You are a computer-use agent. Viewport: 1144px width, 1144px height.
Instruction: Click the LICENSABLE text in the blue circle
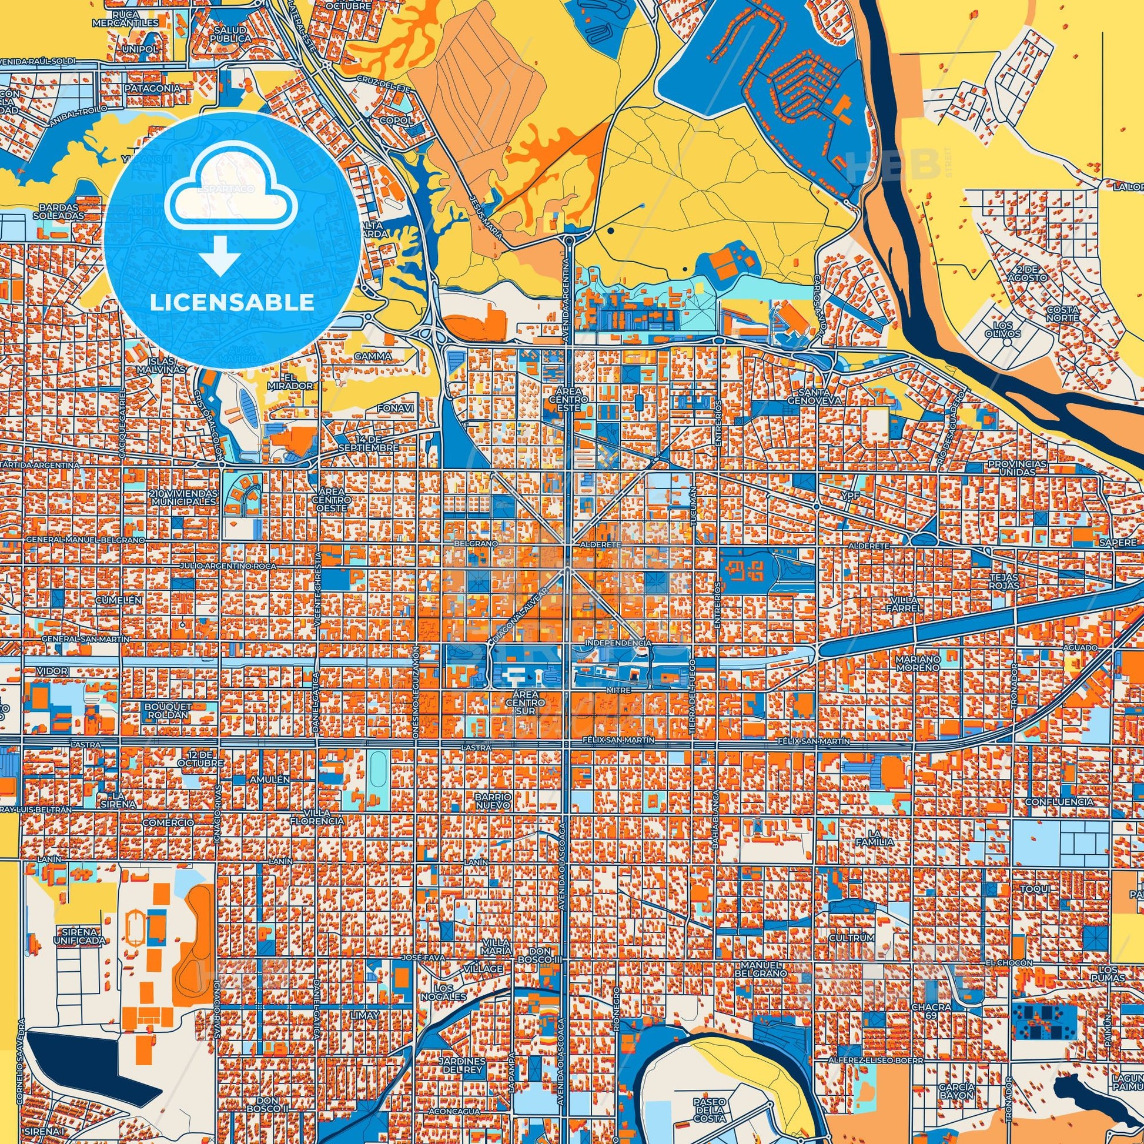click(x=232, y=303)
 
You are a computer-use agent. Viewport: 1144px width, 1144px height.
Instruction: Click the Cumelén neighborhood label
click(x=118, y=599)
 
